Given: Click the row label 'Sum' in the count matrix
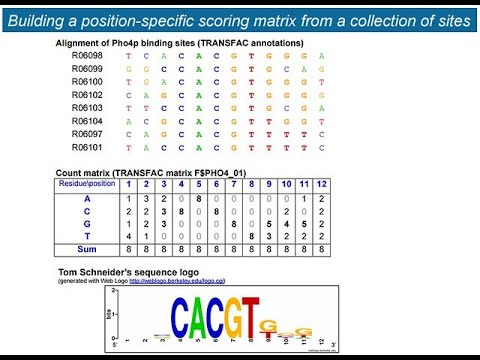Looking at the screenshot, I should coord(88,250).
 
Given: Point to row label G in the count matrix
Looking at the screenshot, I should coord(88,224).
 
